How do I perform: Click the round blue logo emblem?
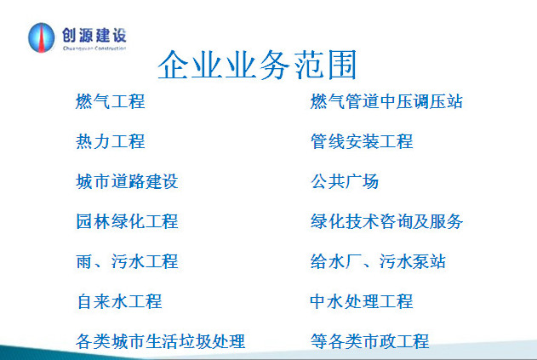(41, 37)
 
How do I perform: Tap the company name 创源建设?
(94, 35)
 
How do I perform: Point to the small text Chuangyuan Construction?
(94, 49)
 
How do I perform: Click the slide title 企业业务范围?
(257, 65)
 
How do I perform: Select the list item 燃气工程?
(111, 102)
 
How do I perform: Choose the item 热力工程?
(111, 141)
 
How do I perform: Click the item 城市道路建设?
(127, 181)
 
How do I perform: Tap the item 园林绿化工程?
(127, 221)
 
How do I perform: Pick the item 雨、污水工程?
(127, 261)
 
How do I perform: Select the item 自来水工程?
(119, 301)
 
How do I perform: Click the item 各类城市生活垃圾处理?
(161, 341)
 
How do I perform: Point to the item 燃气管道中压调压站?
(386, 102)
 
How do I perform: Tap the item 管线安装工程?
(362, 141)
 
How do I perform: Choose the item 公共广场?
(345, 181)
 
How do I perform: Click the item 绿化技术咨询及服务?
(386, 221)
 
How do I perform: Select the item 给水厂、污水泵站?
(378, 261)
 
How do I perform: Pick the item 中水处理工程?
(362, 301)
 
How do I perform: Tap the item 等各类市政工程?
(370, 341)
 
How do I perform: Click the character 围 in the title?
(342, 65)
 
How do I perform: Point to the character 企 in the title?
(173, 65)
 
